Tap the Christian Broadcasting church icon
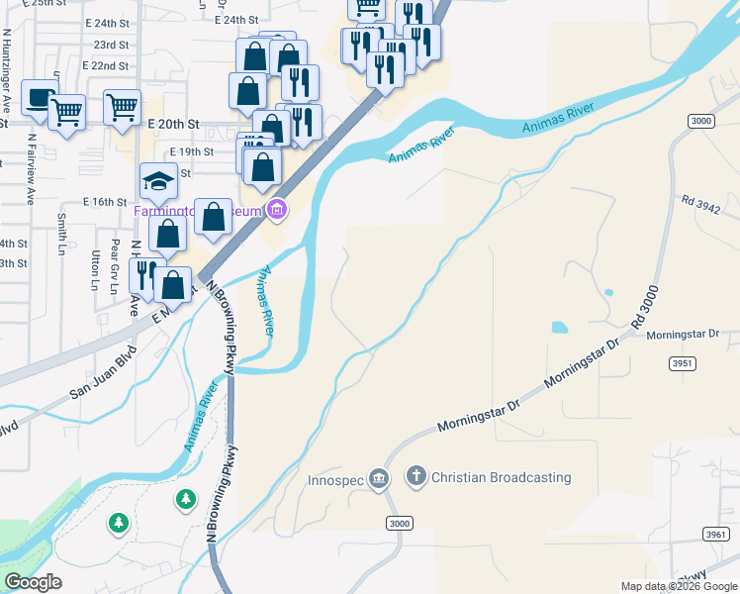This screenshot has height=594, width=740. pyautogui.click(x=416, y=477)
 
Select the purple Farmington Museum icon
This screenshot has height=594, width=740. pyautogui.click(x=277, y=210)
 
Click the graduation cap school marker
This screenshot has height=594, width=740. pyautogui.click(x=159, y=180)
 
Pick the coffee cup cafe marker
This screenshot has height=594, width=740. pyautogui.click(x=39, y=97)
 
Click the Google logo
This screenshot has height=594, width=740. pyautogui.click(x=34, y=582)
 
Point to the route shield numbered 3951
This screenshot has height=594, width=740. pyautogui.click(x=683, y=364)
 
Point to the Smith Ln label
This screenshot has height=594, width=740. pyautogui.click(x=61, y=231)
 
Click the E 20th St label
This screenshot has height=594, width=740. pyautogui.click(x=173, y=124)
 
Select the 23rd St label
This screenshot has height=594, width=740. pyautogui.click(x=111, y=45)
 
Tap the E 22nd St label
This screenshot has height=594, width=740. pyautogui.click(x=107, y=65)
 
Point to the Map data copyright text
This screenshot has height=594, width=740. pyautogui.click(x=679, y=585)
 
